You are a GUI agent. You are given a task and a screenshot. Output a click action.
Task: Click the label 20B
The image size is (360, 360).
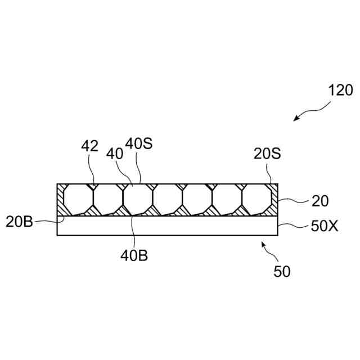click(20, 221)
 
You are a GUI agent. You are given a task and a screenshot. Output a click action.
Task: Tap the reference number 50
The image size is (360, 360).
click(282, 272)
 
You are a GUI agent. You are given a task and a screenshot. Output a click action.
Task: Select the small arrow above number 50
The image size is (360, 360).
click(265, 247)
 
